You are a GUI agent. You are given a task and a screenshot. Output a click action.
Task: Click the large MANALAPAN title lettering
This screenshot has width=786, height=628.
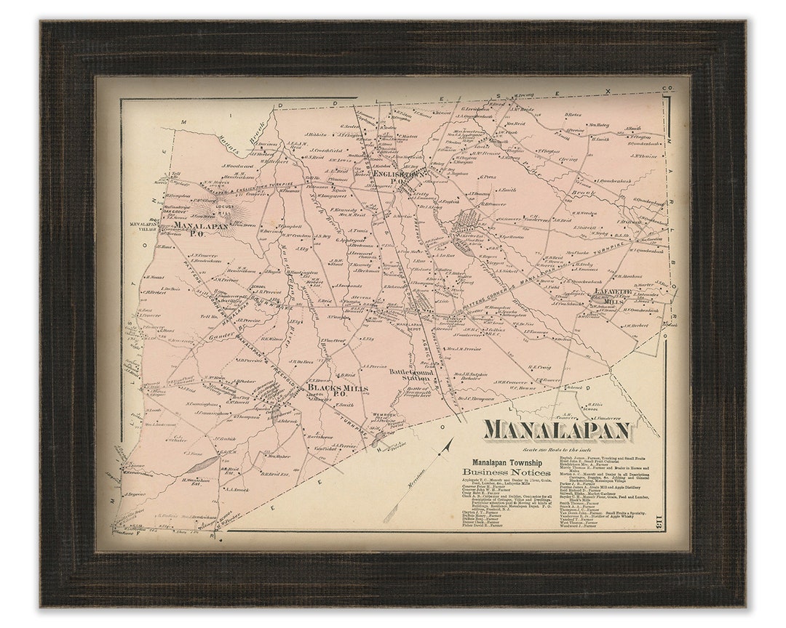557,430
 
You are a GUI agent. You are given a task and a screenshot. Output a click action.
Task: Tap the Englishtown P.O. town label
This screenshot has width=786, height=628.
399,174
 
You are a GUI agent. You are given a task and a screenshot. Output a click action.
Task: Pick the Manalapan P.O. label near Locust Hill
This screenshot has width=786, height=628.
201,228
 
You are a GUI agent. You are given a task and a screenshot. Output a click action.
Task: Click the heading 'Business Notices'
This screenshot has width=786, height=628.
506,472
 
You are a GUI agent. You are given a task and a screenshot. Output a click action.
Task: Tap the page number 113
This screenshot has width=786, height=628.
657,518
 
